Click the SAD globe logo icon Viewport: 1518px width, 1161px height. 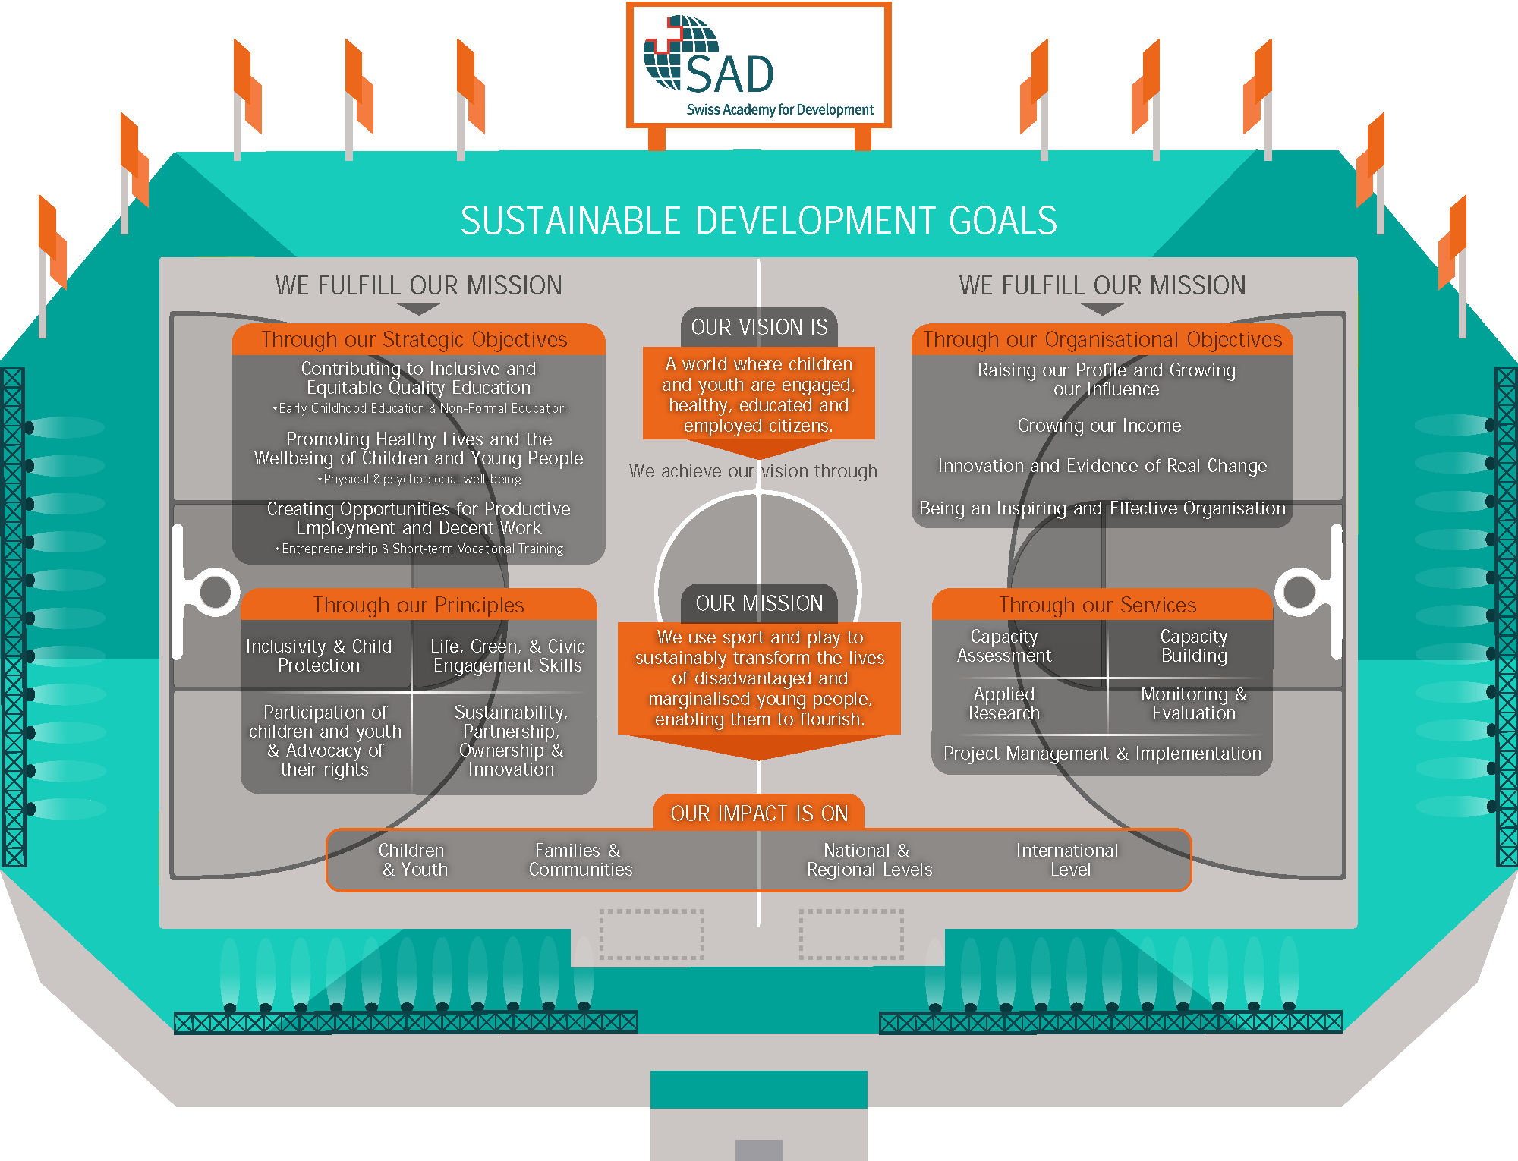click(680, 52)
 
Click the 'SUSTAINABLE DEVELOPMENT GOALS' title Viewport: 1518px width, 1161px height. click(758, 221)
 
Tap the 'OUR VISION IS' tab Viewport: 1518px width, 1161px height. click(759, 327)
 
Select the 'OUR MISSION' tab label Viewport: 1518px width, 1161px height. click(759, 603)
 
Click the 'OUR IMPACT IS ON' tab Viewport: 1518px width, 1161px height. click(759, 813)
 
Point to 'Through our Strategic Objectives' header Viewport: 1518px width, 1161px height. click(414, 339)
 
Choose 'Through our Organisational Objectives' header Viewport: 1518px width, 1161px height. click(1102, 339)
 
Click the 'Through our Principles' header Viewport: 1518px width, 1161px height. click(418, 605)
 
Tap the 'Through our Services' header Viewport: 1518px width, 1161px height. click(1098, 605)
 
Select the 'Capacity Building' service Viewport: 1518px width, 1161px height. click(1193, 646)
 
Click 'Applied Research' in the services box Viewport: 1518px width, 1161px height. click(1004, 703)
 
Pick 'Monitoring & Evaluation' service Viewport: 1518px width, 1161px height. click(1193, 703)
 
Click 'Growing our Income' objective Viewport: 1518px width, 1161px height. click(1099, 426)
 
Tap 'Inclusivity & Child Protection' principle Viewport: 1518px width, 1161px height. click(319, 656)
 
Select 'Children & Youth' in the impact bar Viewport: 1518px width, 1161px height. click(414, 860)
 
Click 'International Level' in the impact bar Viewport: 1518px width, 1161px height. click(1068, 860)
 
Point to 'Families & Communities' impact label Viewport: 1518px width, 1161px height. click(580, 860)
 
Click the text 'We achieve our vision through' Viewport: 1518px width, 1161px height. click(753, 471)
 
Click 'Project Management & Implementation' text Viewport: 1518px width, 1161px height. click(1102, 754)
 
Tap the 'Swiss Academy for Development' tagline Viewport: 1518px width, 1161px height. click(779, 109)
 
